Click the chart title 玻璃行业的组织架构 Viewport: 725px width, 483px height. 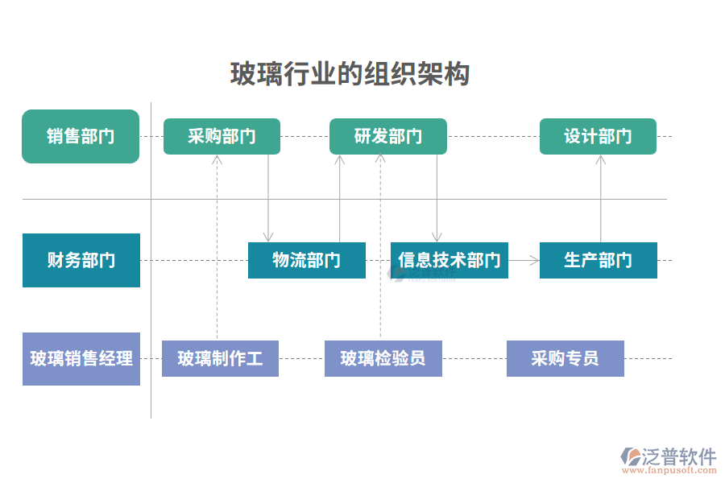[350, 74]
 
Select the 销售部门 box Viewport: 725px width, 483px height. [81, 136]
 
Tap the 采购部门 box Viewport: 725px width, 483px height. [222, 136]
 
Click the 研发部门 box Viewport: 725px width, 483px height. [387, 136]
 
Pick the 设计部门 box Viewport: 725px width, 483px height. [598, 136]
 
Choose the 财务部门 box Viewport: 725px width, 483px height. [81, 260]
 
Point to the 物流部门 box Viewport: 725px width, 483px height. [306, 260]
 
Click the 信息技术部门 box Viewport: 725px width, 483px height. [449, 260]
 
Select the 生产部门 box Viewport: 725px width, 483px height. [598, 260]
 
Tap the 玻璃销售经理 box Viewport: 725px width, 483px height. [81, 358]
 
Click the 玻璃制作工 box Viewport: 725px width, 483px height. [220, 358]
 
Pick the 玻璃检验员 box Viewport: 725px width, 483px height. [383, 358]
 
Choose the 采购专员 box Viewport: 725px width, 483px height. [565, 358]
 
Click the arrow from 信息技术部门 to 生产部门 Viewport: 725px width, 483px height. [524, 260]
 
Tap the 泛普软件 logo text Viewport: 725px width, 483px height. [679, 456]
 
